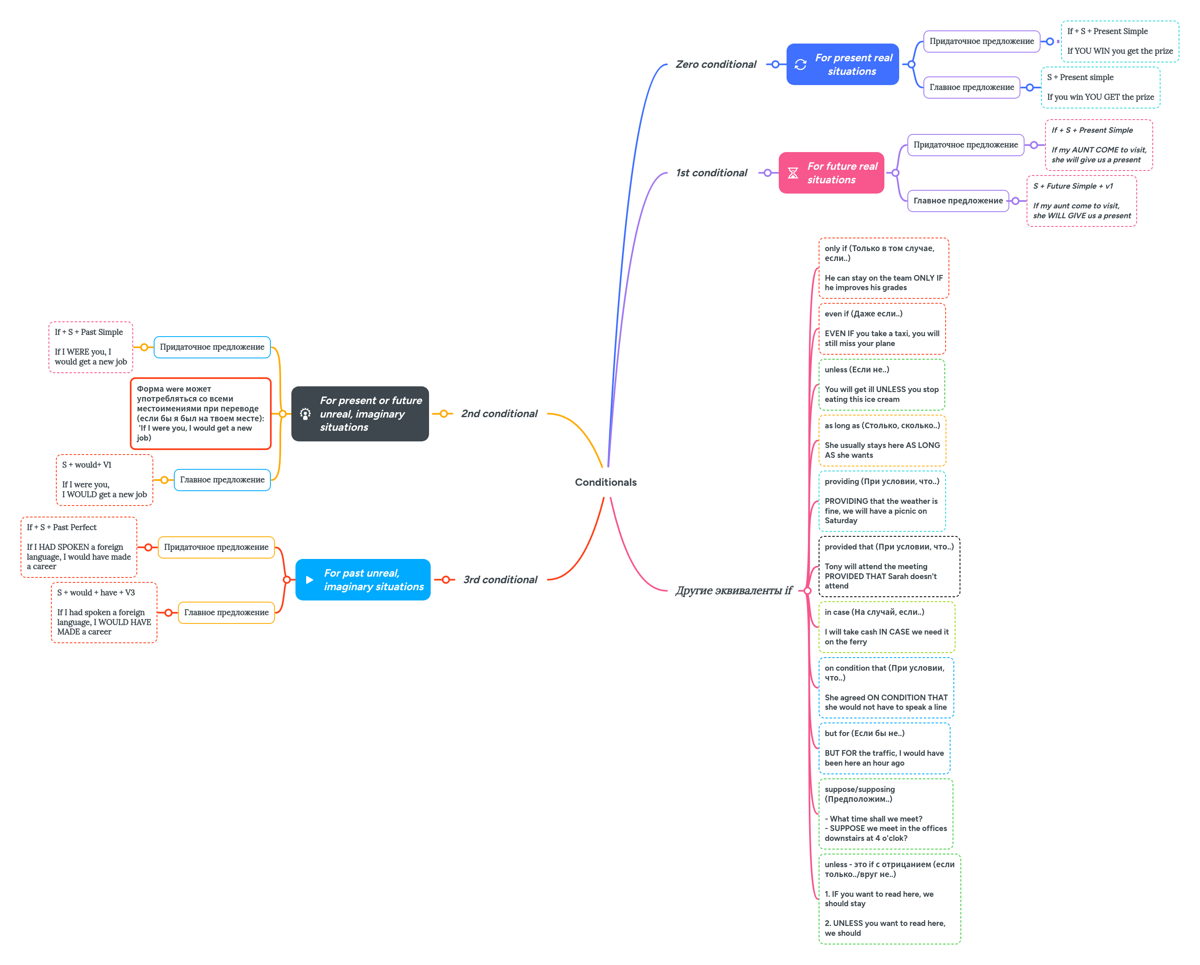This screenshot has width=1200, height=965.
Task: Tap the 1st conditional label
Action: click(711, 173)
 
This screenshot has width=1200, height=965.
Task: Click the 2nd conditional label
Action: click(499, 413)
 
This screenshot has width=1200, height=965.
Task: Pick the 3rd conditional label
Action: click(500, 579)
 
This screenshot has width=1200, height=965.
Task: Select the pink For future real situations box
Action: click(831, 173)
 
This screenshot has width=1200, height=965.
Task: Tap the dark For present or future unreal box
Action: click(360, 413)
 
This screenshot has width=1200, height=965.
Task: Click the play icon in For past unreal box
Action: click(309, 580)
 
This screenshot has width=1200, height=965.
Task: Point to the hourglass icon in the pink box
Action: click(793, 173)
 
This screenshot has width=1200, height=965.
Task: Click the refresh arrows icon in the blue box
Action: click(801, 65)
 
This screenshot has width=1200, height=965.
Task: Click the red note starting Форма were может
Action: click(201, 413)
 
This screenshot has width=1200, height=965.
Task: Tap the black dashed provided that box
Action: click(888, 566)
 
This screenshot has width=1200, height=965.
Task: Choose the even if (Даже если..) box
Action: click(882, 328)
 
